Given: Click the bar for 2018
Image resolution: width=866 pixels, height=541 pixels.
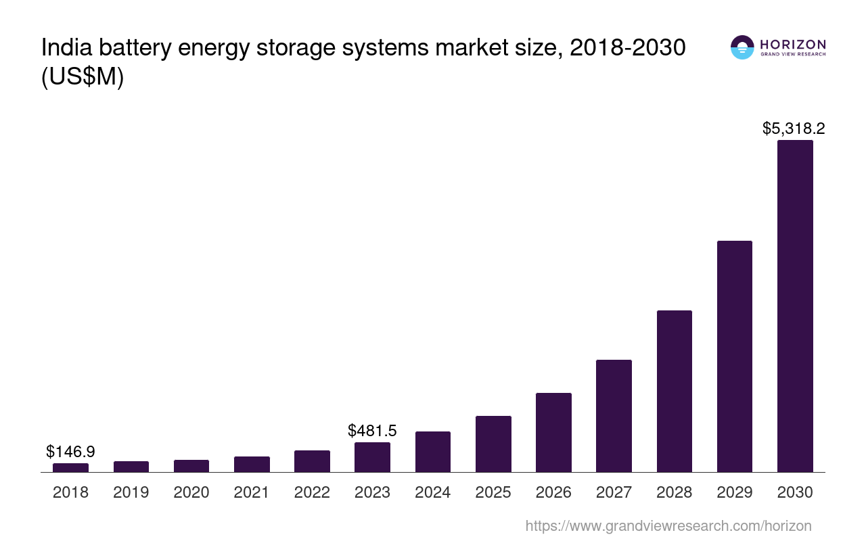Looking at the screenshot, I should pos(70,467).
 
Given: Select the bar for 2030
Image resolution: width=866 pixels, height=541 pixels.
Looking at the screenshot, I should pos(795,306).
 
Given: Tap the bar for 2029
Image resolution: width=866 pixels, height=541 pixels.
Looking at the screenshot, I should pos(734,356).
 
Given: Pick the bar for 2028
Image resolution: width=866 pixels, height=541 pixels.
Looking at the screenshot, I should pos(674,391).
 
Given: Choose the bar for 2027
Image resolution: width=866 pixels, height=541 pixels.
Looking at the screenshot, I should pos(614,416).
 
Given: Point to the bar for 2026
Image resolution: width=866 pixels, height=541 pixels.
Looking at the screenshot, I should pos(553,432).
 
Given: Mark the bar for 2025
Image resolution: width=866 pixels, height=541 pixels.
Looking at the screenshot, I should pos(493,444).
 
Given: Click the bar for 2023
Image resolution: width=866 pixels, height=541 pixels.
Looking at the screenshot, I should pos(372,457).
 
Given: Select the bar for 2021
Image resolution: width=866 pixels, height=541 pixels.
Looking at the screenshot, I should pos(252,464).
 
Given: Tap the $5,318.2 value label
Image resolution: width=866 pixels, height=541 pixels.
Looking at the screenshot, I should pos(794,128).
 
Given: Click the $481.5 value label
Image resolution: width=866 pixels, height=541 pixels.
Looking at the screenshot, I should pos(372,431).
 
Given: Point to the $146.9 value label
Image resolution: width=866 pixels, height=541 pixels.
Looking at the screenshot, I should pos(70,452).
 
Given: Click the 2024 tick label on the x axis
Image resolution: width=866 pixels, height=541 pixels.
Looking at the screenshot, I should pos(432,492).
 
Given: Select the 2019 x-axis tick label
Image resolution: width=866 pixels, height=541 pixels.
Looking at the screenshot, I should pos(131,492).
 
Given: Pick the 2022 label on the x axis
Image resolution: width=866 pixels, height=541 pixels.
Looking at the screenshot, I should pos(312,492).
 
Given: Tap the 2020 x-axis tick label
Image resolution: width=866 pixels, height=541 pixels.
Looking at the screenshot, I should pos(191,492).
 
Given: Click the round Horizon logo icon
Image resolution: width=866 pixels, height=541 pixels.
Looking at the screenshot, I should pos(742,47).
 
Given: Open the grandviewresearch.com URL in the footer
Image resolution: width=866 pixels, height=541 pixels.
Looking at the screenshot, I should pos(668,525).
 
